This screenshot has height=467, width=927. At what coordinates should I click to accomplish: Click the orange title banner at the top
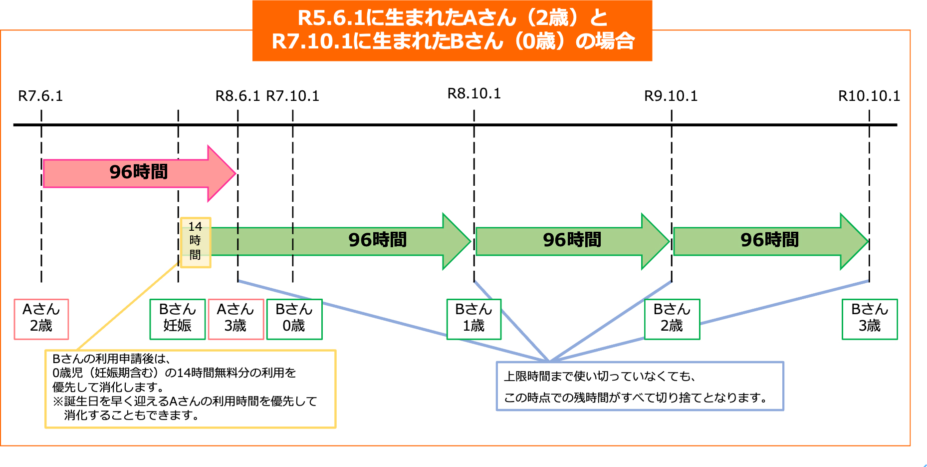point(452,30)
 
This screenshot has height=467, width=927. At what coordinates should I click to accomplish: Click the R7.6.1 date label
point(40,96)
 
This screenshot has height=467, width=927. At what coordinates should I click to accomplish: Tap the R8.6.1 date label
point(237,96)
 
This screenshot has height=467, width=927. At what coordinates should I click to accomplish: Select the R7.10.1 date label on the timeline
point(293,96)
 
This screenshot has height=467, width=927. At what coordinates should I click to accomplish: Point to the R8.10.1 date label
point(474,94)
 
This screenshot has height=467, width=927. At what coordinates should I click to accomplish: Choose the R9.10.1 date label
point(671,96)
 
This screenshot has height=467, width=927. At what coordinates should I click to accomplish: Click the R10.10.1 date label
point(869,96)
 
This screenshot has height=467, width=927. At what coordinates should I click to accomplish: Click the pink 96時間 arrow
point(138,173)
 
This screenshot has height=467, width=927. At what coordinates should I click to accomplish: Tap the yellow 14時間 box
point(195,242)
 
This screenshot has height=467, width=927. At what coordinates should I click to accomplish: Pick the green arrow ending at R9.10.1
point(572,241)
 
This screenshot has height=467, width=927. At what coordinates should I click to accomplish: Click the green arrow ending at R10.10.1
point(769,241)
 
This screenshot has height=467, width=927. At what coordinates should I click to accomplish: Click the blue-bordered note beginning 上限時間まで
point(640,386)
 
